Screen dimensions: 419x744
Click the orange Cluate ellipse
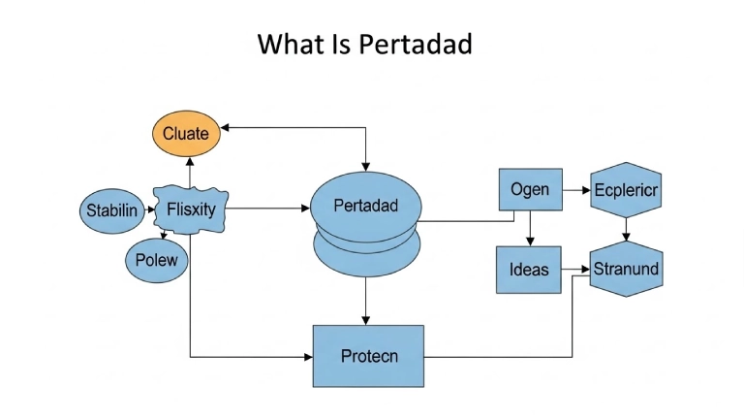click(x=185, y=134)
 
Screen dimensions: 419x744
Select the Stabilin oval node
click(x=111, y=209)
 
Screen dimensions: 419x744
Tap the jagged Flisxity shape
click(x=191, y=209)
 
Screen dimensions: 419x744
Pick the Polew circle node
click(x=156, y=261)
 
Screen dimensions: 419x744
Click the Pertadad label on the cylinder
click(x=364, y=207)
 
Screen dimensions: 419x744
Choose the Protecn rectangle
click(x=368, y=357)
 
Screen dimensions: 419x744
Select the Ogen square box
click(x=530, y=190)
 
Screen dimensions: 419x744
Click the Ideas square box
click(x=530, y=270)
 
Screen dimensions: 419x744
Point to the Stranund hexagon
click(x=626, y=269)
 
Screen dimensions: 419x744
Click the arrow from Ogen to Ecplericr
click(x=575, y=190)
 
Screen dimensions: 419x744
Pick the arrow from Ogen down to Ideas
click(x=530, y=229)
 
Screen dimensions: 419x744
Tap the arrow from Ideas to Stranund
click(x=575, y=269)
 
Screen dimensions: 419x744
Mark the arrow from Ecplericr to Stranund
click(x=626, y=230)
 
